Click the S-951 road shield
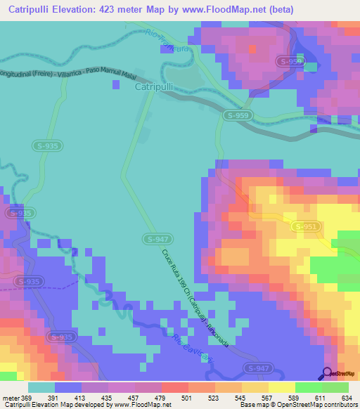pos(306,226)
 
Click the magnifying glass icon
pos(328,373)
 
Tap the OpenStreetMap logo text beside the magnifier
pos(344,375)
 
